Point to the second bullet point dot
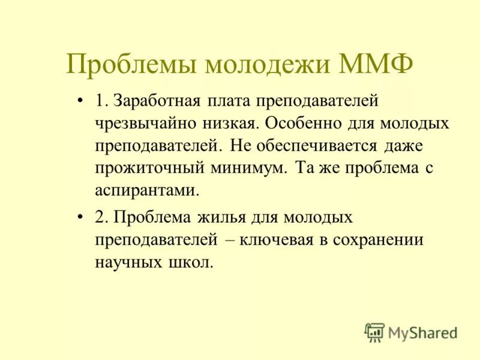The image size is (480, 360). (80, 217)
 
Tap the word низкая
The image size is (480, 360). (229, 123)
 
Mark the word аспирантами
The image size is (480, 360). (146, 191)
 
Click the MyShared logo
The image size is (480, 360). (411, 332)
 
